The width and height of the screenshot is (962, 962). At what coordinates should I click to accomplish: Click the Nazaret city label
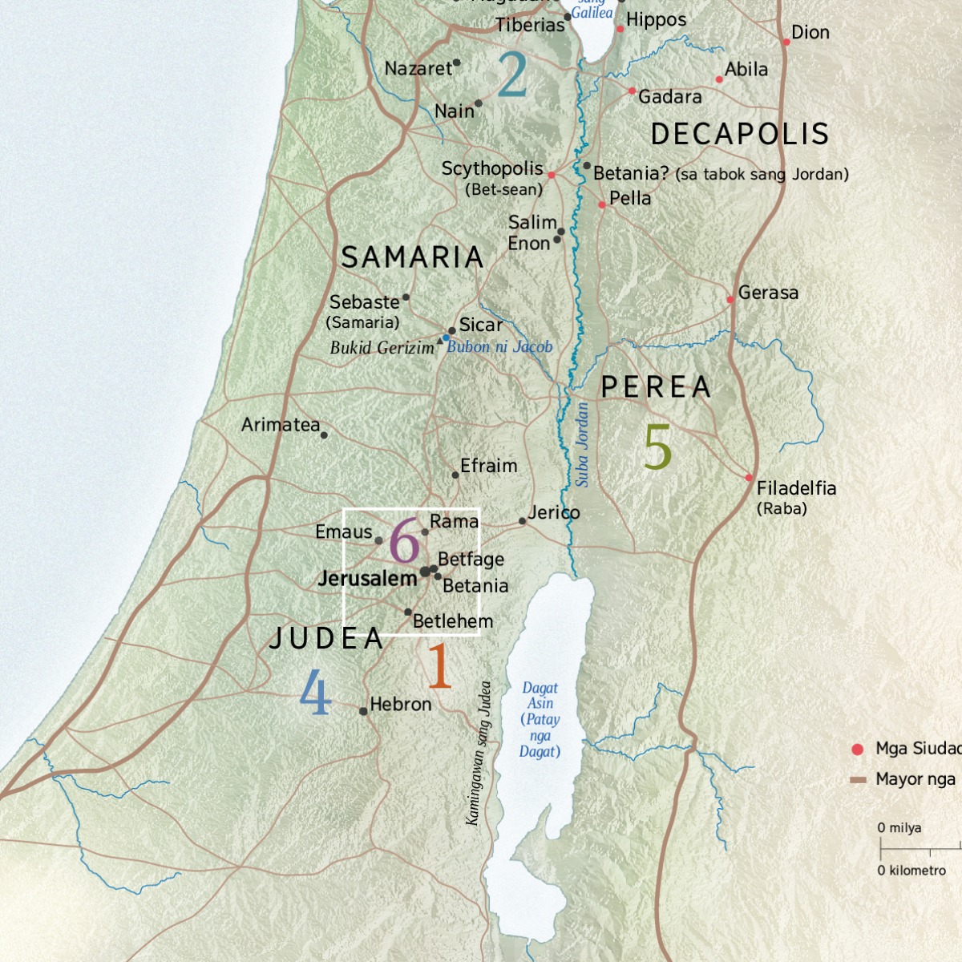point(418,69)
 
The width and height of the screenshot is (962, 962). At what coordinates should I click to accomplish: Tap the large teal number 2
point(511,75)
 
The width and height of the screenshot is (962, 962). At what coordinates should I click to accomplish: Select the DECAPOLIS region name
point(739,134)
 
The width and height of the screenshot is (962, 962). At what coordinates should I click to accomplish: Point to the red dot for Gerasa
point(730,300)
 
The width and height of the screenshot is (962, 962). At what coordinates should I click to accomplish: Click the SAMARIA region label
point(412,257)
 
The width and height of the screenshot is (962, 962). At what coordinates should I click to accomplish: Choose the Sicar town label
point(480,325)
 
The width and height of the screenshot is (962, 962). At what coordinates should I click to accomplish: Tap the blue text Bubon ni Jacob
point(499,347)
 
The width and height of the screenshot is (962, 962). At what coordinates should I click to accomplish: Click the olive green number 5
point(657,447)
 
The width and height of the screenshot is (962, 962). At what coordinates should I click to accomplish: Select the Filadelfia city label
point(796,488)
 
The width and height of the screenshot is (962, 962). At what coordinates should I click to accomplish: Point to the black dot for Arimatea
point(324,435)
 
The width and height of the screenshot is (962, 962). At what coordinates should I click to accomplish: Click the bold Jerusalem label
point(367,578)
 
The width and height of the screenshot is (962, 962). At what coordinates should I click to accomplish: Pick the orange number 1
point(439,666)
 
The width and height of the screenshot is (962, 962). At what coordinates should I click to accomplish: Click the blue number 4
point(315,693)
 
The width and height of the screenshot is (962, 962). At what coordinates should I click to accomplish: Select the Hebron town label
point(400,704)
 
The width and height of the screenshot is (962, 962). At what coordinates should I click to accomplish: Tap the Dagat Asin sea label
point(540,719)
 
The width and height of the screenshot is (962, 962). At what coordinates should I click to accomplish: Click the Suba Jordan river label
point(583,445)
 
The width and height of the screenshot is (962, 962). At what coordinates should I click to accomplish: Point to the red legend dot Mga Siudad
point(858,750)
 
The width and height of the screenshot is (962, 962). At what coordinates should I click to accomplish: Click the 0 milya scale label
point(899,828)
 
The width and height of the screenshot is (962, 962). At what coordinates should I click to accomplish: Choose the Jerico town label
point(553,512)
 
